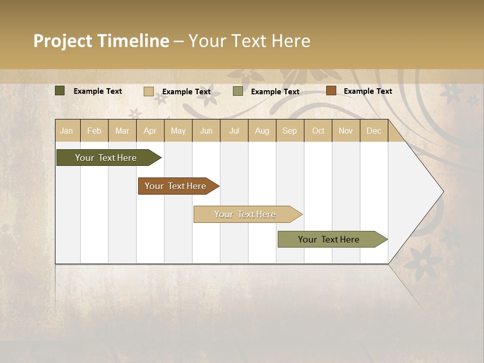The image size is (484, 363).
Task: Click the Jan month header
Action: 67,131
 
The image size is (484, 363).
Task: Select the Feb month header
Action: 94,131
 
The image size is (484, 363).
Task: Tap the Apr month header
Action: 150,131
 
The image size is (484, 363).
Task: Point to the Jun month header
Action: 206,131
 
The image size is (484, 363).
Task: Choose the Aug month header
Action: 262,131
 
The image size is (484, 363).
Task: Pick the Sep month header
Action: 289,131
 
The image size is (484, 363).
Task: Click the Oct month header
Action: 318,131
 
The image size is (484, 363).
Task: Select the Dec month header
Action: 374,131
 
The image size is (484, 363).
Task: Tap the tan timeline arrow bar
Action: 246,214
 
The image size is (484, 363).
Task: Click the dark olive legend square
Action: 59,91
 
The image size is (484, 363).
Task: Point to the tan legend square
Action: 148,91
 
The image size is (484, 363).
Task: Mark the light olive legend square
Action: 238,91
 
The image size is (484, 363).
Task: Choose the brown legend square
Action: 331,91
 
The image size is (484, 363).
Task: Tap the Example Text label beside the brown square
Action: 368,91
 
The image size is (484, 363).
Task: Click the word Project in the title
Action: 63,41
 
